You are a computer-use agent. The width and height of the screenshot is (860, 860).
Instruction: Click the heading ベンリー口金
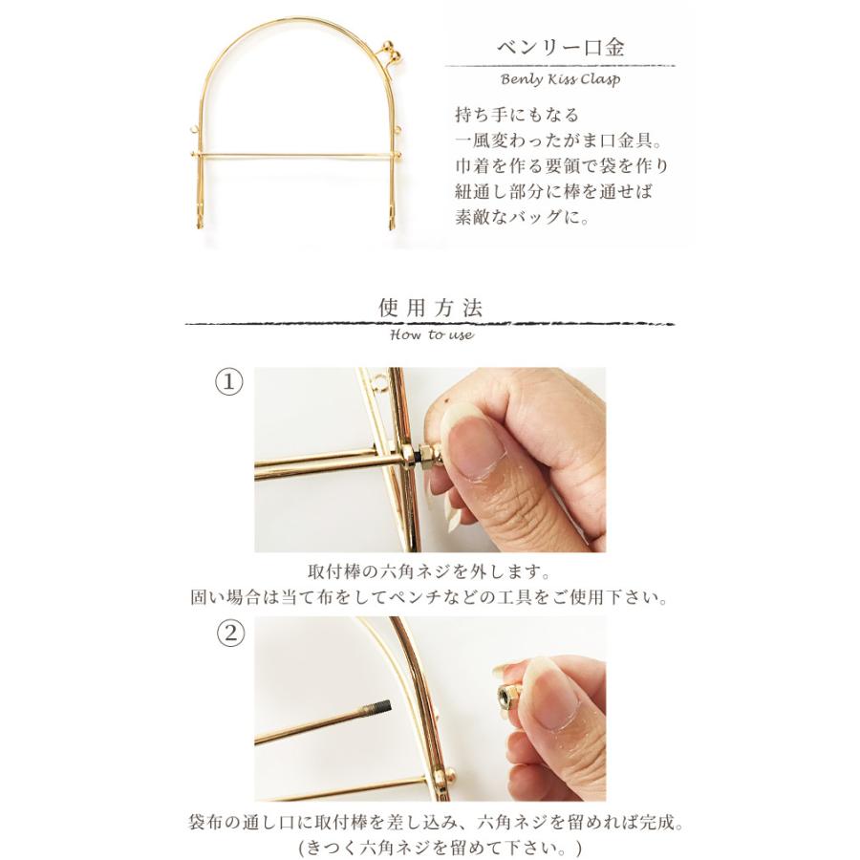point(559,48)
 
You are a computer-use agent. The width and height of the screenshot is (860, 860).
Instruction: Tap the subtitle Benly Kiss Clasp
point(559,79)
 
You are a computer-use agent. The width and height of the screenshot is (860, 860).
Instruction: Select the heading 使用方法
point(431,308)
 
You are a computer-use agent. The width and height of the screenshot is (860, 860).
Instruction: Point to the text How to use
point(432,335)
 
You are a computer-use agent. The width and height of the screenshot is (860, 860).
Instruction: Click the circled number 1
point(228,382)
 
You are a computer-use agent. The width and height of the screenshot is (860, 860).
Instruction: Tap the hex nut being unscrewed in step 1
point(421,453)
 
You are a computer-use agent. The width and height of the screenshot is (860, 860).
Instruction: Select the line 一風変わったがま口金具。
point(556,140)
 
